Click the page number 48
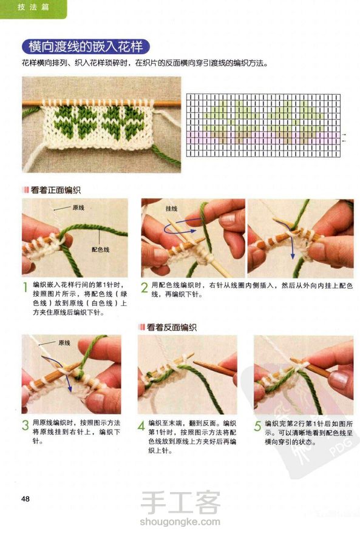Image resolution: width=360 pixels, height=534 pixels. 25,499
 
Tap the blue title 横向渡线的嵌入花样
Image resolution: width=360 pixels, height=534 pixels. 86,47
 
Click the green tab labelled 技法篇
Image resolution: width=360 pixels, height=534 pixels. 33,7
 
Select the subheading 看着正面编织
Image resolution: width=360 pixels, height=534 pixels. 55,190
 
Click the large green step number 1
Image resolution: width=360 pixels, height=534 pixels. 25,288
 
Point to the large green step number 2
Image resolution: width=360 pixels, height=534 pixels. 144,288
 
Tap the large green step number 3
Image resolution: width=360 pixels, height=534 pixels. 25,425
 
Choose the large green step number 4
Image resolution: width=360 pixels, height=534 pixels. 141,426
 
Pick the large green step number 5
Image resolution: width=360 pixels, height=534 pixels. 258,426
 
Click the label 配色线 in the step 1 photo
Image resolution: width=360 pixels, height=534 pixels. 100,249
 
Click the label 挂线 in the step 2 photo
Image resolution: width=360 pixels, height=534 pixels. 171,208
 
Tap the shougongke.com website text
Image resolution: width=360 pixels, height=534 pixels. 180,521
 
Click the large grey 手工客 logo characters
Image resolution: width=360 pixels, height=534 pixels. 180,502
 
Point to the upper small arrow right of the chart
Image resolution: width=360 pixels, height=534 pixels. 344,135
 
